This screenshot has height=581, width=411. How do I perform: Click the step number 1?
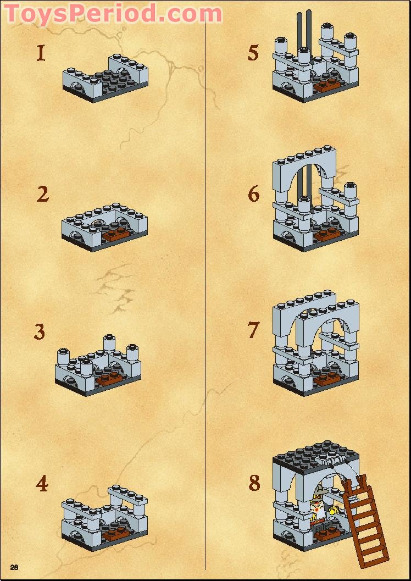click(x=41, y=53)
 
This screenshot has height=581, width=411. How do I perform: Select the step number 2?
click(x=43, y=194)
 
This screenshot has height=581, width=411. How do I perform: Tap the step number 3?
click(x=39, y=332)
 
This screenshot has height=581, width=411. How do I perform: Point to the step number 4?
click(x=42, y=484)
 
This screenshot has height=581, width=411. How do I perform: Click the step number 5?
click(x=253, y=53)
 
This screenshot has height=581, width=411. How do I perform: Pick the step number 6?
click(x=253, y=194)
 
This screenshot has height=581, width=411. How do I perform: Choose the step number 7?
click(x=253, y=330)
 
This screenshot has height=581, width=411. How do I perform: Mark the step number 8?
click(x=254, y=483)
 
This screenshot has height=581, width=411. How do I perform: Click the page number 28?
click(x=14, y=567)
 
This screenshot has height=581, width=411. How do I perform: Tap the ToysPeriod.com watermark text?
click(x=114, y=13)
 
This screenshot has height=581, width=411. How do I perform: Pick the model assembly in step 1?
click(x=106, y=78)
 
